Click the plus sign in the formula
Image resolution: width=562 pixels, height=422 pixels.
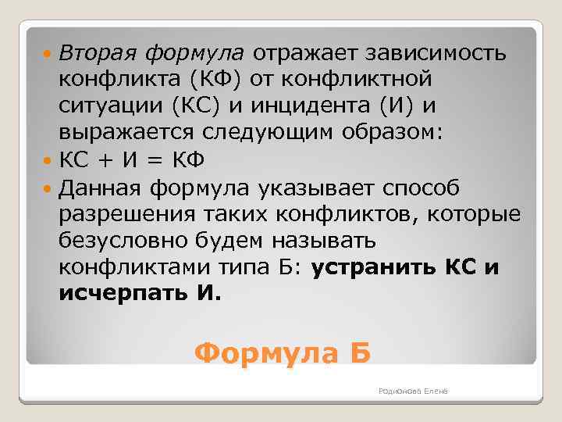point(103,160)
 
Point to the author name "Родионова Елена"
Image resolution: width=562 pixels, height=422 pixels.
point(412,391)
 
